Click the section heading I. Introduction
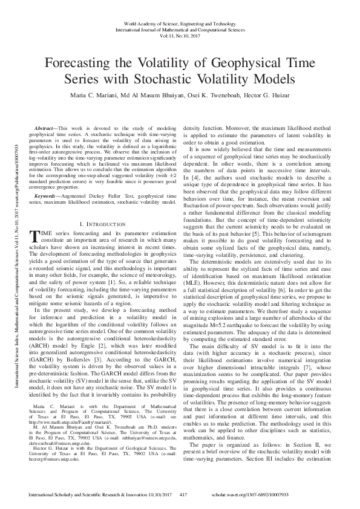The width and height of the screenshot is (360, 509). [104, 206]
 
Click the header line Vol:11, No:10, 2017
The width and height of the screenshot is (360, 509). [180, 36]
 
